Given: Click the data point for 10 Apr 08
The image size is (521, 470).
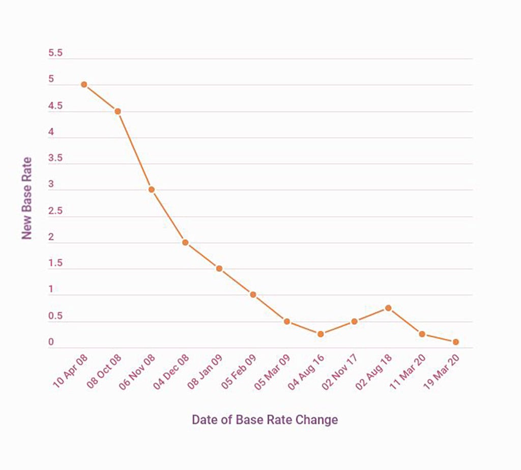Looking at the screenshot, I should (x=84, y=85).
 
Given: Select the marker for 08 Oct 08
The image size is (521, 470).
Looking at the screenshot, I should (x=118, y=111).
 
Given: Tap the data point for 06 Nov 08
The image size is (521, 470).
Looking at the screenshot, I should (x=151, y=189).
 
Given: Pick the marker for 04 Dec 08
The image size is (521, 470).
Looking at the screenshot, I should (x=185, y=242).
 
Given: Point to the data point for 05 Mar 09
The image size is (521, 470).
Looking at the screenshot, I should (x=287, y=321).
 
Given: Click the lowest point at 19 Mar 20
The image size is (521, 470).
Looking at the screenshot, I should (x=455, y=342).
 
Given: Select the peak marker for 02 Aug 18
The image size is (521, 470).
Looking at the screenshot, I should (x=388, y=308).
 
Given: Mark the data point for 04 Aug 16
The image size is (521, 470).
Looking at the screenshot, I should (x=321, y=334).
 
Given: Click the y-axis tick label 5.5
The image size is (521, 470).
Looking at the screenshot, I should (x=55, y=53).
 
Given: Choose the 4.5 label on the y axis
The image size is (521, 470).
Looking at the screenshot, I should (x=55, y=106).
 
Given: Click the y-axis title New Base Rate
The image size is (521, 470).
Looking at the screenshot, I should (x=27, y=198).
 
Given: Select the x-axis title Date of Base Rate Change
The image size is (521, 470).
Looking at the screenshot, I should (x=265, y=420).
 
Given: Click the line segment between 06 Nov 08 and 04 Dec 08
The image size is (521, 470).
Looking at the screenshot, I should (x=168, y=216).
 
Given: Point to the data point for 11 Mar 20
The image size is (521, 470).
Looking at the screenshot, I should (x=422, y=334).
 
